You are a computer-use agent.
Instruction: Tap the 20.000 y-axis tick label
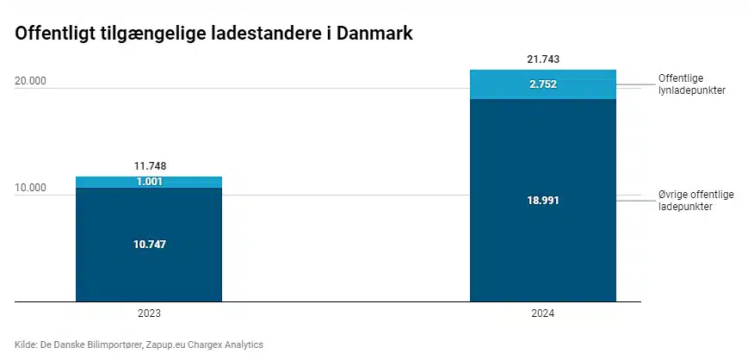(30, 81)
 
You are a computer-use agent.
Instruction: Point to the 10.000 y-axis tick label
(30, 188)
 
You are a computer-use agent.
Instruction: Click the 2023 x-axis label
(149, 313)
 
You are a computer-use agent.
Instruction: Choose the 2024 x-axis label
(543, 313)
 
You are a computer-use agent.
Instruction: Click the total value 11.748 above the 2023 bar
(149, 166)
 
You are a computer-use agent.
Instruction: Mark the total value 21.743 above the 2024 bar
(543, 59)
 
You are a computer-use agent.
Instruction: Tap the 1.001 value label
(149, 182)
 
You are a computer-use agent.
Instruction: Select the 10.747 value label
(149, 245)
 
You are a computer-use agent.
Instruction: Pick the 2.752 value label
(543, 84)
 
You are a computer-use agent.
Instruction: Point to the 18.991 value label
(543, 201)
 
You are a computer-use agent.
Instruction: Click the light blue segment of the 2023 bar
(149, 182)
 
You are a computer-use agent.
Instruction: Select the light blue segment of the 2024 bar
(543, 84)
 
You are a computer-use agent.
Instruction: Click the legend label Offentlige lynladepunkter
(692, 84)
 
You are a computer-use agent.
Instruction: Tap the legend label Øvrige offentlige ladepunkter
(696, 201)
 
